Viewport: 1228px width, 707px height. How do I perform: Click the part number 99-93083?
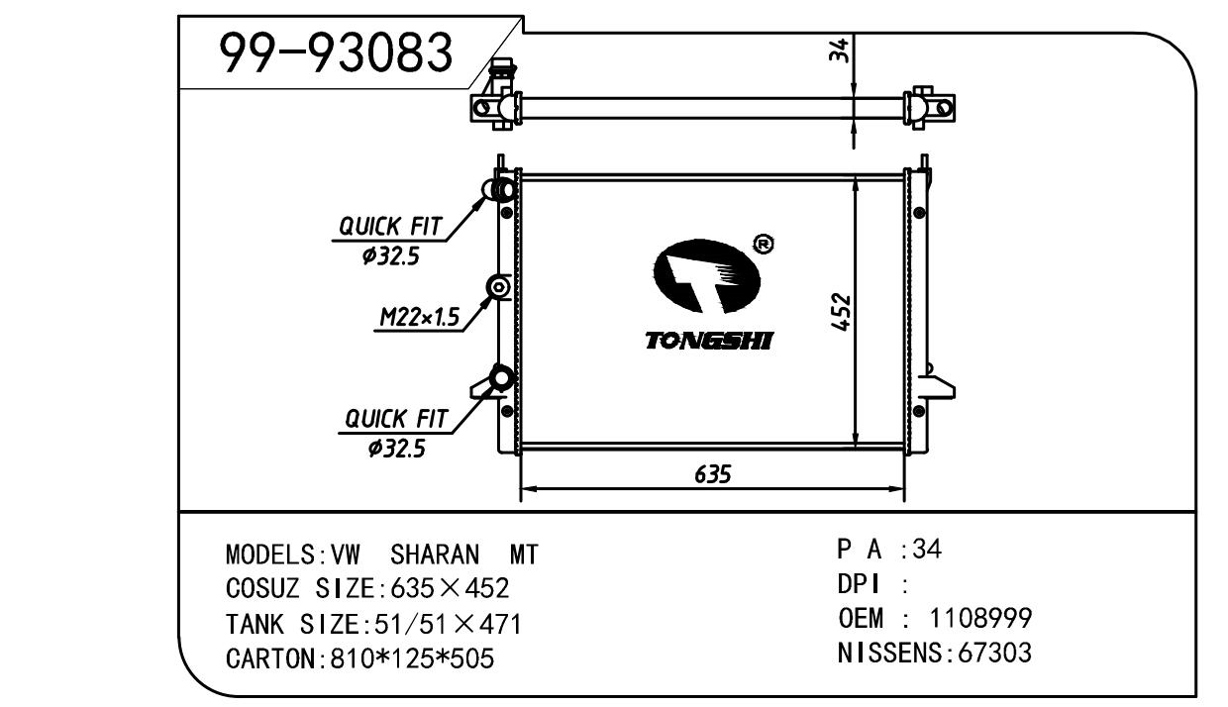tap(336, 52)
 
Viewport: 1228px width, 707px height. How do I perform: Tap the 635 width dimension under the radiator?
tap(713, 474)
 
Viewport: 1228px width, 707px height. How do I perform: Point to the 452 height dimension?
tap(841, 312)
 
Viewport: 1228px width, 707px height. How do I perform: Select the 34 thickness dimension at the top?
tap(839, 50)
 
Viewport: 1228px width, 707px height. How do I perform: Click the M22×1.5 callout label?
tap(419, 317)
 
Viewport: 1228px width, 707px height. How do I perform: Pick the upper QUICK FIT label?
tap(390, 227)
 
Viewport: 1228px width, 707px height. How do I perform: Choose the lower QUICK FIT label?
tap(396, 419)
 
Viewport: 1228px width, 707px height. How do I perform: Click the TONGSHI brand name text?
tap(709, 341)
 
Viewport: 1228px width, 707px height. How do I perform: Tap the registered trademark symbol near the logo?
tap(764, 244)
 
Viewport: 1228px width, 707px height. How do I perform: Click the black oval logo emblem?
tap(707, 275)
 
